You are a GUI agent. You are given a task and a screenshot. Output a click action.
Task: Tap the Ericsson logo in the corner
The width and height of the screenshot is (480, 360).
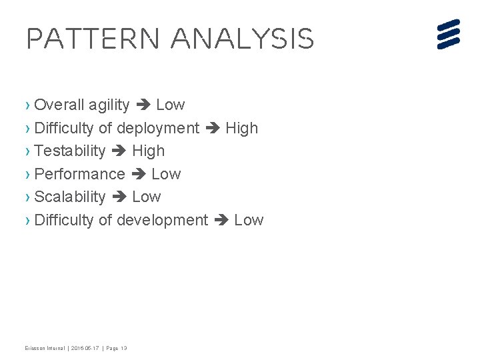pos(449,34)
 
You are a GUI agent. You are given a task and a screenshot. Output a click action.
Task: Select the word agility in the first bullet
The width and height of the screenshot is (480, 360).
pos(109,105)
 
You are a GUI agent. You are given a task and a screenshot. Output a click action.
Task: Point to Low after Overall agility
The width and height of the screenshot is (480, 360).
pos(170,105)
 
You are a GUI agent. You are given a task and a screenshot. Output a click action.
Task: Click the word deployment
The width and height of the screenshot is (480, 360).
pos(158,128)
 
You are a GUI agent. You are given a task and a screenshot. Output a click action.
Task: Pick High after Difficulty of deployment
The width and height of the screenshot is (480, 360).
pos(241,128)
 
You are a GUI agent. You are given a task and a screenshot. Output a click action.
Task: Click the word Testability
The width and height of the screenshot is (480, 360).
pos(69,151)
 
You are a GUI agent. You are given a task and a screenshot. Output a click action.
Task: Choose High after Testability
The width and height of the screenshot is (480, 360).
pos(148,151)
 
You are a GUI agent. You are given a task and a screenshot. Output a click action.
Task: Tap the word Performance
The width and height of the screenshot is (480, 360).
pos(79,174)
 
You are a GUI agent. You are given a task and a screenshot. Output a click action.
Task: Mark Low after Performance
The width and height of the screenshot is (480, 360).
pos(166,174)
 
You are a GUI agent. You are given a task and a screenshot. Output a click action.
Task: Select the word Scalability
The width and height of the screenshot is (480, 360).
pos(69,197)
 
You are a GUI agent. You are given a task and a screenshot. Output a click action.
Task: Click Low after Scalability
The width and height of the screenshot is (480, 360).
pos(147,197)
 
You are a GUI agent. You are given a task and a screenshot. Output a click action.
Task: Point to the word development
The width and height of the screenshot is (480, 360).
pos(162,220)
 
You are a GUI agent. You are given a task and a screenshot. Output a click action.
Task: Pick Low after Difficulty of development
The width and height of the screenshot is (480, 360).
pos(249,220)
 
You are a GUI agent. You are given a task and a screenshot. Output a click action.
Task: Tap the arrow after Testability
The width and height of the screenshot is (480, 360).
pos(119,151)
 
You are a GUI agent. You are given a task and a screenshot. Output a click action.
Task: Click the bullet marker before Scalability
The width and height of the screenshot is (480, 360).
pos(27,197)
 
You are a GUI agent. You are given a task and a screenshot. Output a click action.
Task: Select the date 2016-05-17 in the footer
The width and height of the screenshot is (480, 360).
pos(85,348)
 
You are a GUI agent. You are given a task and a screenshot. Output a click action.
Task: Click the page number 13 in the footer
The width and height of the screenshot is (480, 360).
pos(123,348)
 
